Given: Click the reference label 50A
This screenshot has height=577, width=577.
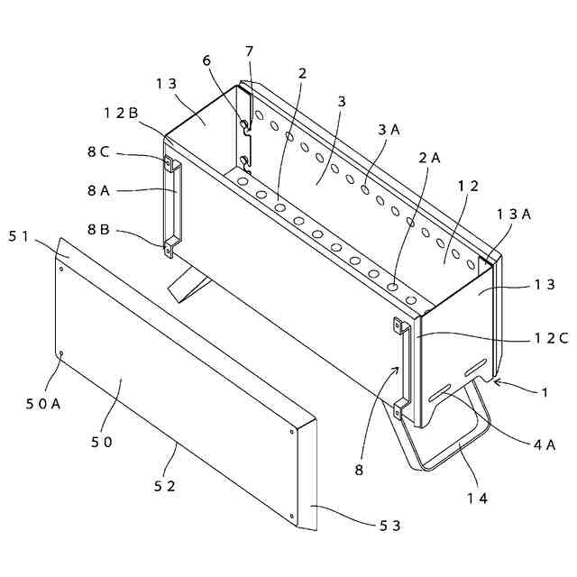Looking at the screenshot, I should click(x=43, y=403).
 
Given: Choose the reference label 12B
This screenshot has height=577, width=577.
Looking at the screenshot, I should click(x=120, y=114).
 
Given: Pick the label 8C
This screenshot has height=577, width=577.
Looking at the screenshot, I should click(x=99, y=152).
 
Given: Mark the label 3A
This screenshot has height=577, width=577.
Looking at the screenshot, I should click(x=389, y=130).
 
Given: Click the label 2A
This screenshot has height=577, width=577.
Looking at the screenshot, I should click(x=430, y=157).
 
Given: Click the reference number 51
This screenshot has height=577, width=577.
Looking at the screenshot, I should click(x=21, y=236).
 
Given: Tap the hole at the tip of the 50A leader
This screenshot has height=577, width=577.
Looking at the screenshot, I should click(x=61, y=354).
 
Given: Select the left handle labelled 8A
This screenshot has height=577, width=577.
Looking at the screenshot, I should click(x=173, y=206).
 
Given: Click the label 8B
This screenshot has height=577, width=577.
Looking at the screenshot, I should click(x=99, y=229).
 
